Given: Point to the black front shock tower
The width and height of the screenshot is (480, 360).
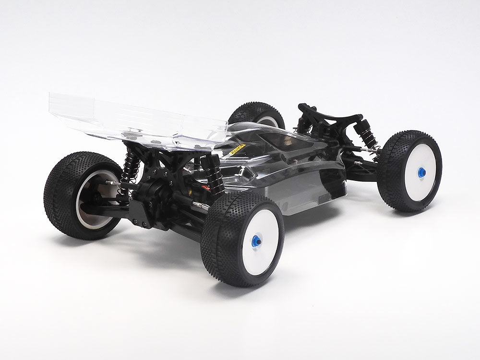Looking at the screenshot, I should tap(331, 115).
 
